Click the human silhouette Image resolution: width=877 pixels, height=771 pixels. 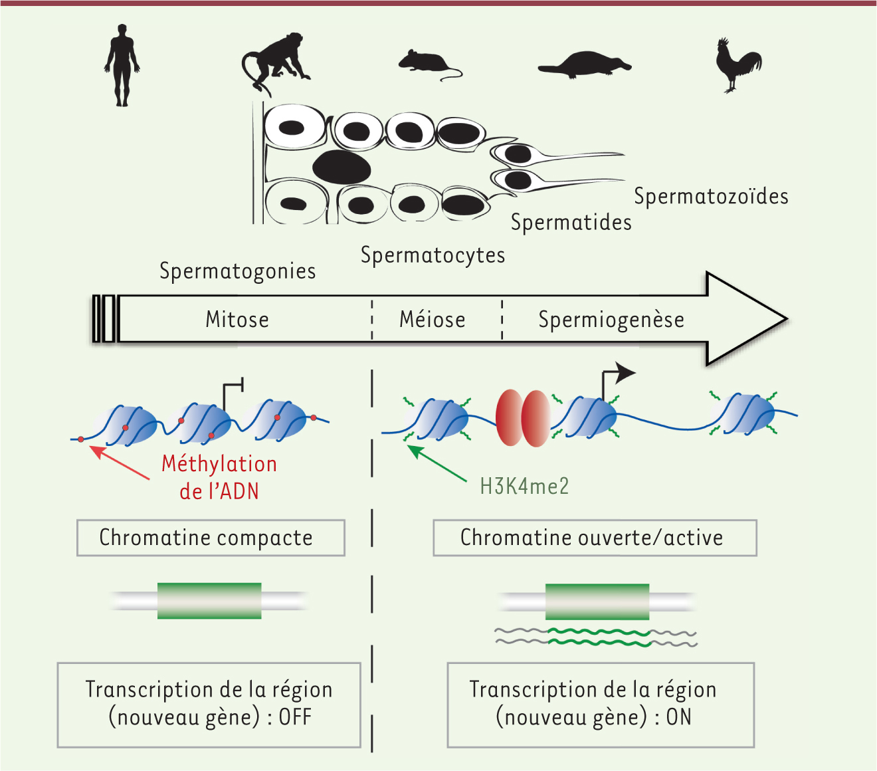[122, 65]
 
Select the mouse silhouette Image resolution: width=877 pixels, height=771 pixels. [427, 62]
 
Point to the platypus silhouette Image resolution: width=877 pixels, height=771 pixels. [585, 66]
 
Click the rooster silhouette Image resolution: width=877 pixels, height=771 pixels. [737, 65]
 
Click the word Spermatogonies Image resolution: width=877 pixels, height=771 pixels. [238, 272]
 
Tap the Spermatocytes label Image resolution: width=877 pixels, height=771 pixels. [433, 255]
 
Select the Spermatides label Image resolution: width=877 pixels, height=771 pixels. [571, 223]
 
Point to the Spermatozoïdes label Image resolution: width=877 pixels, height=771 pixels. [711, 196]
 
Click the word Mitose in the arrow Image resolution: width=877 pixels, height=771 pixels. [237, 320]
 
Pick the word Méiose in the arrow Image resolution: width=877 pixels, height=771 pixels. [433, 320]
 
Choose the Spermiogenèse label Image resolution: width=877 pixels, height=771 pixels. [611, 320]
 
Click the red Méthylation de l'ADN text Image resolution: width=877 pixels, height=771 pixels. [219, 478]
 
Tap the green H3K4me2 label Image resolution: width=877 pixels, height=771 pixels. [524, 487]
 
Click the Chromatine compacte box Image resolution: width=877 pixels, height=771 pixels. [211, 538]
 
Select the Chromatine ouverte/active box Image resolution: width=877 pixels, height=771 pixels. [595, 538]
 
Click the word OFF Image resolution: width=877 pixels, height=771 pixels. [295, 717]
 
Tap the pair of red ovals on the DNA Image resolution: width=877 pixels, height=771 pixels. [522, 418]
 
